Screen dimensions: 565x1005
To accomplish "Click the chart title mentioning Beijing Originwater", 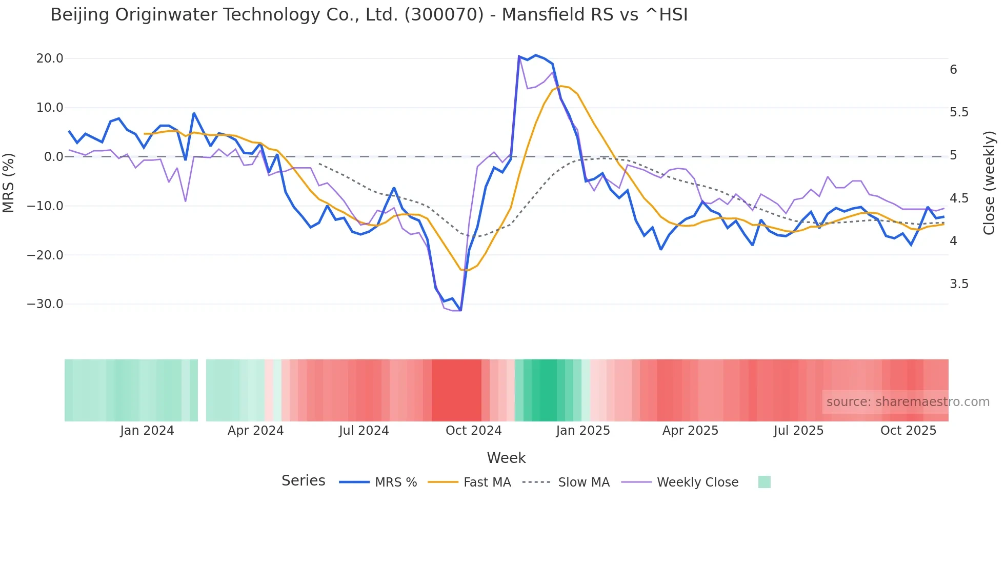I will (369, 15).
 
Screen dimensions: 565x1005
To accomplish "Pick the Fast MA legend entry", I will (469, 482).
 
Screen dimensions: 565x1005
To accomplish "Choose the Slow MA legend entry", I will (566, 482).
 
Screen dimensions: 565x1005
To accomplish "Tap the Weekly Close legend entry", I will (680, 482).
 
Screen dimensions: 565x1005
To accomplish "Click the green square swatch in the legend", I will (764, 482).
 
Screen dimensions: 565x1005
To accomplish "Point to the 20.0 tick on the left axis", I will (50, 58).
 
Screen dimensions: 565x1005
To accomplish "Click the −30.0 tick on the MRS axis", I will (45, 304).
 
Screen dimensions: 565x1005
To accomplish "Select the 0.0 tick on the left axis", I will (53, 157).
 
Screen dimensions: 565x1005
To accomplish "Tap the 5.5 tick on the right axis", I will (959, 112).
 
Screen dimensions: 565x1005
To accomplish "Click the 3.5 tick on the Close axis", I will (959, 284).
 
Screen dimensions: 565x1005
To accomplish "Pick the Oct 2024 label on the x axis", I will (473, 431).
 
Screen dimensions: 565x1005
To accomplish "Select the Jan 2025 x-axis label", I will (583, 431).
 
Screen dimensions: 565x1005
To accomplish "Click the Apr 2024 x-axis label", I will (255, 431).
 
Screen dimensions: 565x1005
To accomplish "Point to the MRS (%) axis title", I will (9, 183).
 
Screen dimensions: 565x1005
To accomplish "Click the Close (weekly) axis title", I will (989, 183).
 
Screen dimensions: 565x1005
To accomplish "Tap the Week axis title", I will (506, 458).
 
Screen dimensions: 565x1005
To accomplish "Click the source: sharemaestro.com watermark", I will (908, 402).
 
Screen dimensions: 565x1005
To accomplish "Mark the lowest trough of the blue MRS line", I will (460, 310).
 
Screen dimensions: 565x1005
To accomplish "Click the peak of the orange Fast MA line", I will (561, 86).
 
